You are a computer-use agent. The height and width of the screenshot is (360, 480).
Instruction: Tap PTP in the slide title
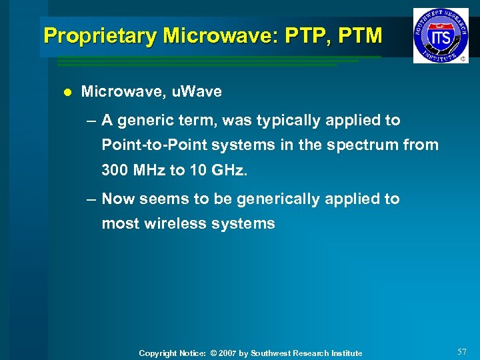coord(300,36)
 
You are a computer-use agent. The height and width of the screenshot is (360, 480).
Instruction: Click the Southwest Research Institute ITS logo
coord(440,35)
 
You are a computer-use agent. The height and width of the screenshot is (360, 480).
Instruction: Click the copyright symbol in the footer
coord(213,353)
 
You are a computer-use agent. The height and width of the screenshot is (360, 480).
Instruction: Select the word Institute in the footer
coord(345,353)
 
